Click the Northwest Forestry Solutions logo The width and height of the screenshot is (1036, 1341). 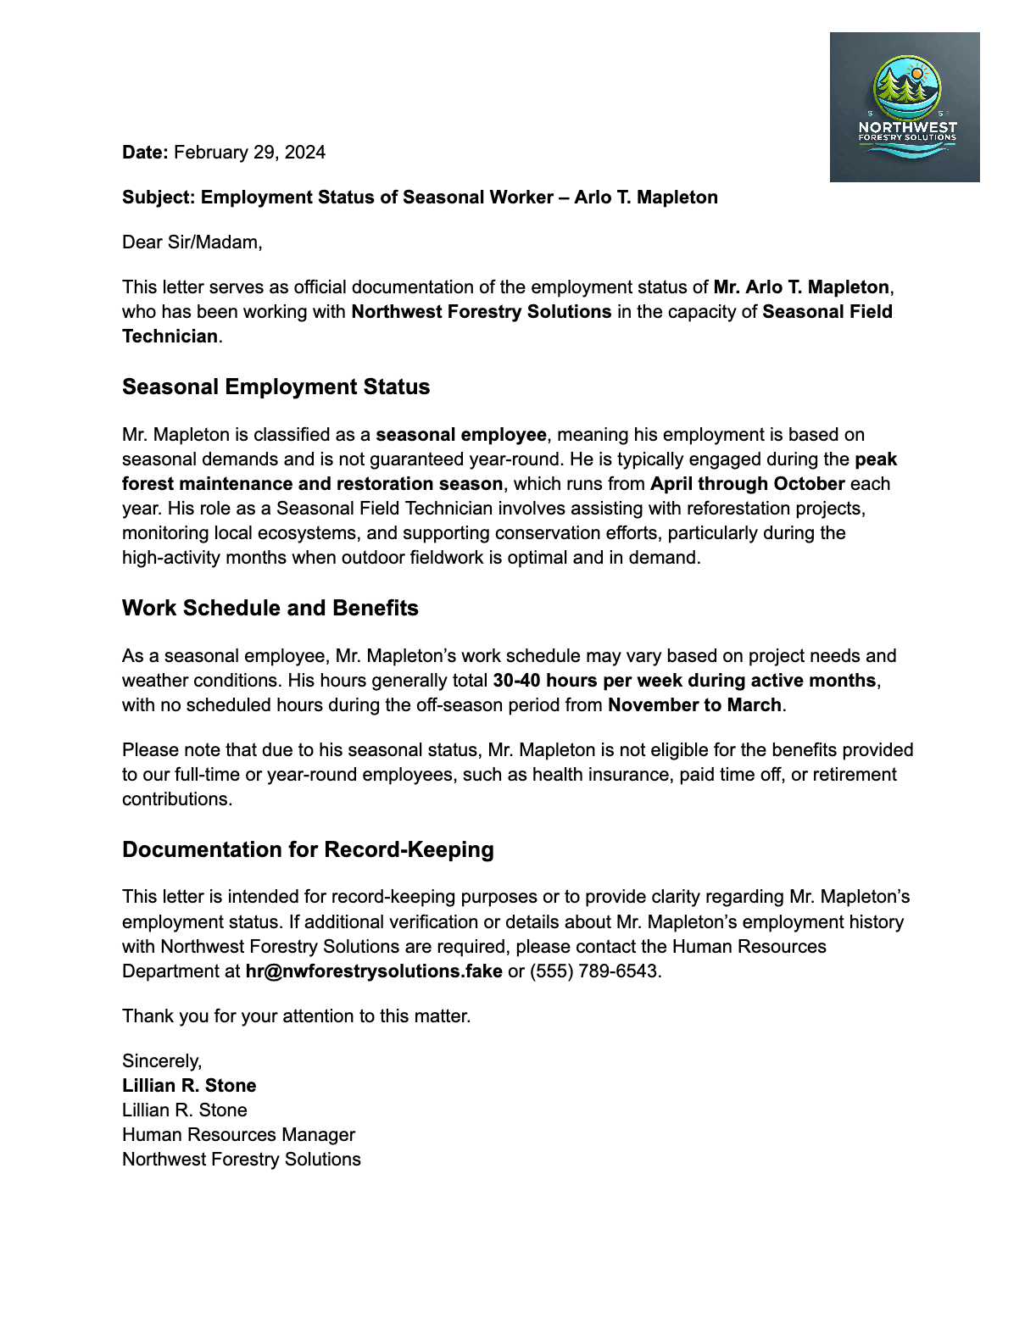click(905, 107)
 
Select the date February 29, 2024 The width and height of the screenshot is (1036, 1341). click(249, 153)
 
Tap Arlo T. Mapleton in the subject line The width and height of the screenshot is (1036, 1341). click(646, 198)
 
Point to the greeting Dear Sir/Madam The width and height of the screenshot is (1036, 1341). click(192, 242)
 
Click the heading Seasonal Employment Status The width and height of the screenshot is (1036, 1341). click(276, 387)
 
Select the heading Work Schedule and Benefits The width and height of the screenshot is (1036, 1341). click(270, 609)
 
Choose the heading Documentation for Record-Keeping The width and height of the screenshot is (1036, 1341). click(308, 850)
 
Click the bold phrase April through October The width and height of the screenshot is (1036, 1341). click(747, 484)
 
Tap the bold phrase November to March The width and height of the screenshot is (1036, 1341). click(694, 705)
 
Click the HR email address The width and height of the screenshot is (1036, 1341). click(374, 971)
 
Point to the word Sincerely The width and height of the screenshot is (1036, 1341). click(161, 1061)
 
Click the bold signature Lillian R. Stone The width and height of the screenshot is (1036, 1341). click(189, 1086)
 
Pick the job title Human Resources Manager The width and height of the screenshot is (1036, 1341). click(238, 1135)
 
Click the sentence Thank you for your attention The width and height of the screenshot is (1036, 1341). click(296, 1016)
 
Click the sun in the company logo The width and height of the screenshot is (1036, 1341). click(916, 74)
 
